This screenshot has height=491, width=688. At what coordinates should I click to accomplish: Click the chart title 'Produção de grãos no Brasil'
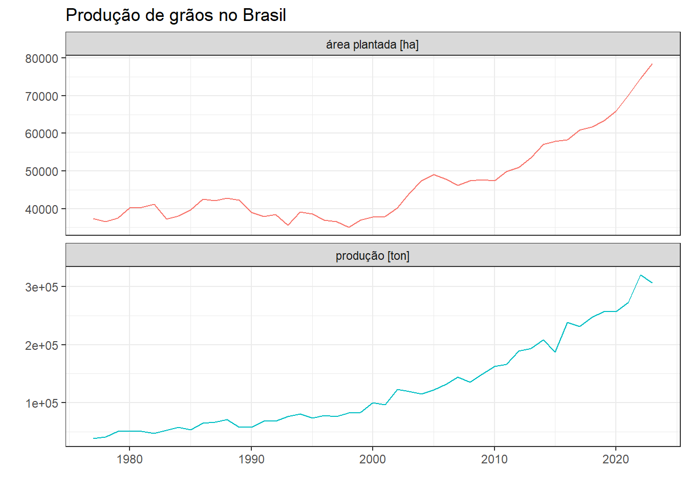pos(176,15)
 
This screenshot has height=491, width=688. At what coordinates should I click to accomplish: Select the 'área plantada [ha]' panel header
pos(372,45)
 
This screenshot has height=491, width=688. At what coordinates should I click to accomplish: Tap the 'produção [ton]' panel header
pos(372,256)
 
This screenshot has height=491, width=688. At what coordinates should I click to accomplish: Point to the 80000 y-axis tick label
pos(41,59)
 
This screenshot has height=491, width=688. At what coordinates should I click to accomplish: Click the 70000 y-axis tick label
pos(41,96)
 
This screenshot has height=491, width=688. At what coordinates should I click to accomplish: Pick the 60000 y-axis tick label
pos(41,134)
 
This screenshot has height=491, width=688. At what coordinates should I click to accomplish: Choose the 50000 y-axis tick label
pos(41,171)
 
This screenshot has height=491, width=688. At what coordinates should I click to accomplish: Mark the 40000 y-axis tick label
pos(41,209)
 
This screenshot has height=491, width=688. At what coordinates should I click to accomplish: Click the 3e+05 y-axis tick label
pos(41,287)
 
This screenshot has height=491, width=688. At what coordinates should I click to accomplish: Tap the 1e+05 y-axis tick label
pos(41,403)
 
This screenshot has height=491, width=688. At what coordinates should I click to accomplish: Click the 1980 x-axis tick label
pos(130,459)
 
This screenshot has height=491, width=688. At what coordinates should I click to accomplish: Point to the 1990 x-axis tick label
pos(251,459)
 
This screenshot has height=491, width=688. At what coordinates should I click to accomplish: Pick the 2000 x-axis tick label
pos(373,459)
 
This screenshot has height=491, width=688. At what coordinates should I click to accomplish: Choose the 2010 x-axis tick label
pos(494,459)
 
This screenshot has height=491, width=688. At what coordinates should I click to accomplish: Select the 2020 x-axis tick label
pos(616,459)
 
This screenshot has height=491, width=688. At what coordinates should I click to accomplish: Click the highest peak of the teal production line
pos(640,275)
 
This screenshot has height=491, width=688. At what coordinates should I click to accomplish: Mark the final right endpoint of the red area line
pos(652,64)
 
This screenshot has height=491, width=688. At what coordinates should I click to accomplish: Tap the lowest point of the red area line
pos(349,227)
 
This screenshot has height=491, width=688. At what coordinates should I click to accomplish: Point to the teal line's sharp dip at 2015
pos(555,352)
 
